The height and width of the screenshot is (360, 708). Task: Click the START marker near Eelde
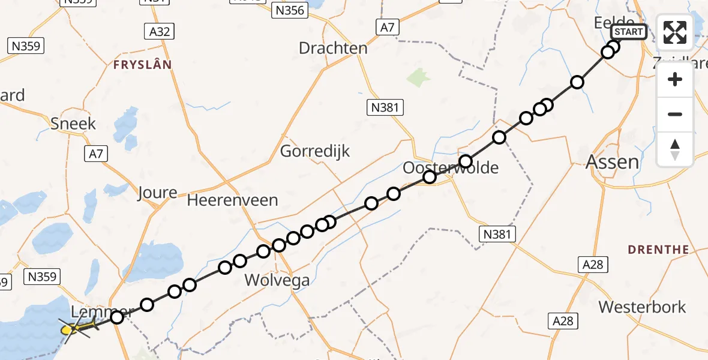coord(629,32)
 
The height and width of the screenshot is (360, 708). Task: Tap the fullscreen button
coord(675,32)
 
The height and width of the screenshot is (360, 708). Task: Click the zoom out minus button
coord(675,114)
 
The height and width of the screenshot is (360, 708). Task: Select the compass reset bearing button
coord(675,149)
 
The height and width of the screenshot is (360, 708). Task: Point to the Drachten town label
coord(333,48)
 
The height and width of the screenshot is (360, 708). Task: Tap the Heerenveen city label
coord(232,200)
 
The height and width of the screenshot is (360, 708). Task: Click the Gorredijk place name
coord(315,151)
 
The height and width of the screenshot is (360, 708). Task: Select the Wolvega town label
coord(277,280)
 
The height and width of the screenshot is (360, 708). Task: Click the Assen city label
coord(612,161)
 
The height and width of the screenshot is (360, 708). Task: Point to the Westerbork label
coord(642,307)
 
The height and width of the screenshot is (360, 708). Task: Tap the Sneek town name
coord(73,124)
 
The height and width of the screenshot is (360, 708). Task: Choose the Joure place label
coord(157,193)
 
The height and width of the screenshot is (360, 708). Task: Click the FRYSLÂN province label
coord(142,64)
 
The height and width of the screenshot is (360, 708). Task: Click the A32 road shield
coord(159,32)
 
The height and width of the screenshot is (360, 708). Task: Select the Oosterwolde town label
coord(450,168)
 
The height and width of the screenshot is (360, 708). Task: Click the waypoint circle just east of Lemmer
coord(117,317)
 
